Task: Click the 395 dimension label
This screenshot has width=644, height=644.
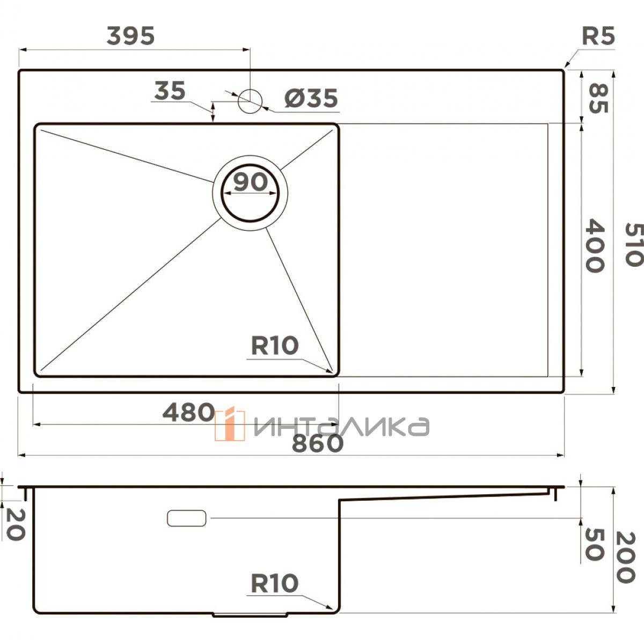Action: pyautogui.click(x=130, y=36)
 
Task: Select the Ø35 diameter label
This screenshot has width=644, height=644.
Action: pyautogui.click(x=311, y=98)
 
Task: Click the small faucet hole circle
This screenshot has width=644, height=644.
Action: pyautogui.click(x=250, y=101)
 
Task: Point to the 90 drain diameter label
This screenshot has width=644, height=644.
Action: pyautogui.click(x=250, y=182)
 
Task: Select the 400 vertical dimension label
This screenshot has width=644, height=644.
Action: pyautogui.click(x=595, y=246)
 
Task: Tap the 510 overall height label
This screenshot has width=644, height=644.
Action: pyautogui.click(x=634, y=245)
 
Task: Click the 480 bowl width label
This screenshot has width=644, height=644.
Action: pyautogui.click(x=188, y=412)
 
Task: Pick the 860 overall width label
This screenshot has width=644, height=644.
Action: pyautogui.click(x=318, y=443)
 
